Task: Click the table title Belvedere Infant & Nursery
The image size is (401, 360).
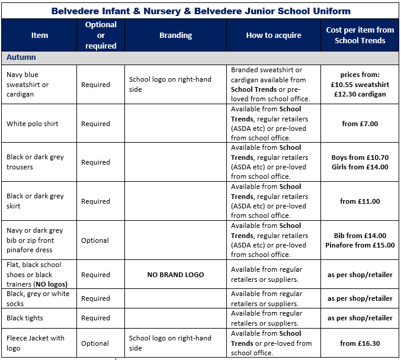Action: [201, 11]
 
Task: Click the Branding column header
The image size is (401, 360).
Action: [175, 35]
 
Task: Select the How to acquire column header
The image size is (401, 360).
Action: [274, 35]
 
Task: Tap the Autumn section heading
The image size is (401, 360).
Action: [21, 57]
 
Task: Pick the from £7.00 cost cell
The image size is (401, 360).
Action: [360, 124]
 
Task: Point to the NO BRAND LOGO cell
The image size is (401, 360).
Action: [175, 275]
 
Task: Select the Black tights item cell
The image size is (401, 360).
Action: [25, 318]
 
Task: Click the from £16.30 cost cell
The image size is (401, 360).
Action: [360, 343]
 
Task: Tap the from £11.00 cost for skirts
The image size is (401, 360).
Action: [360, 201]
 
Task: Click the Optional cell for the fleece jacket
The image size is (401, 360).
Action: [95, 343]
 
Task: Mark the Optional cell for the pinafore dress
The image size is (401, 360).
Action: [95, 240]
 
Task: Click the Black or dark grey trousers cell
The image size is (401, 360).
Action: [35, 162]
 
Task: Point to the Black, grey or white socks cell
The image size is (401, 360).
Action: [38, 298]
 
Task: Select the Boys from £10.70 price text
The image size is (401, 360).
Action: [360, 157]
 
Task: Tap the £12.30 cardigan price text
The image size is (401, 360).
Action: [360, 94]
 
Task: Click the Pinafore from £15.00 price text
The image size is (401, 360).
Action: [360, 245]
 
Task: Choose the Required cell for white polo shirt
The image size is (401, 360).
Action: [95, 124]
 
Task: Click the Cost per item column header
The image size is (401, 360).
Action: [360, 35]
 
